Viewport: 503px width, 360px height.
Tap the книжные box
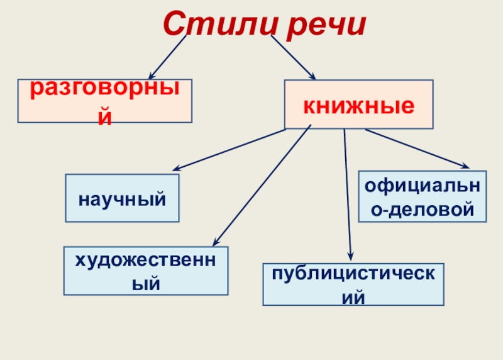[x=359, y=104]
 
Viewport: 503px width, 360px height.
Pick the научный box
[x=123, y=198]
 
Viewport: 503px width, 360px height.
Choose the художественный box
[x=146, y=271]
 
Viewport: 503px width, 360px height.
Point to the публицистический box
[x=353, y=284]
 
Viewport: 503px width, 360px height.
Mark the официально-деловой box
[x=422, y=196]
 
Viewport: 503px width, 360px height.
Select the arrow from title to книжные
[x=292, y=57]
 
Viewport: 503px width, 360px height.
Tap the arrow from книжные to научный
[x=229, y=150]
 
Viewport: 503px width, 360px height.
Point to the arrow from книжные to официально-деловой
[x=416, y=149]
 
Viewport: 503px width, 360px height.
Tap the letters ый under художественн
[x=146, y=284]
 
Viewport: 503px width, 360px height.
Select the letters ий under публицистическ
[x=353, y=296]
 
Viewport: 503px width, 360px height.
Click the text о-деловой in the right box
[x=422, y=208]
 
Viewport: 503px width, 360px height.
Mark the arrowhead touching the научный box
[x=177, y=169]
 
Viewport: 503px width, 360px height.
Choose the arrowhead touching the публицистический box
[x=351, y=254]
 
